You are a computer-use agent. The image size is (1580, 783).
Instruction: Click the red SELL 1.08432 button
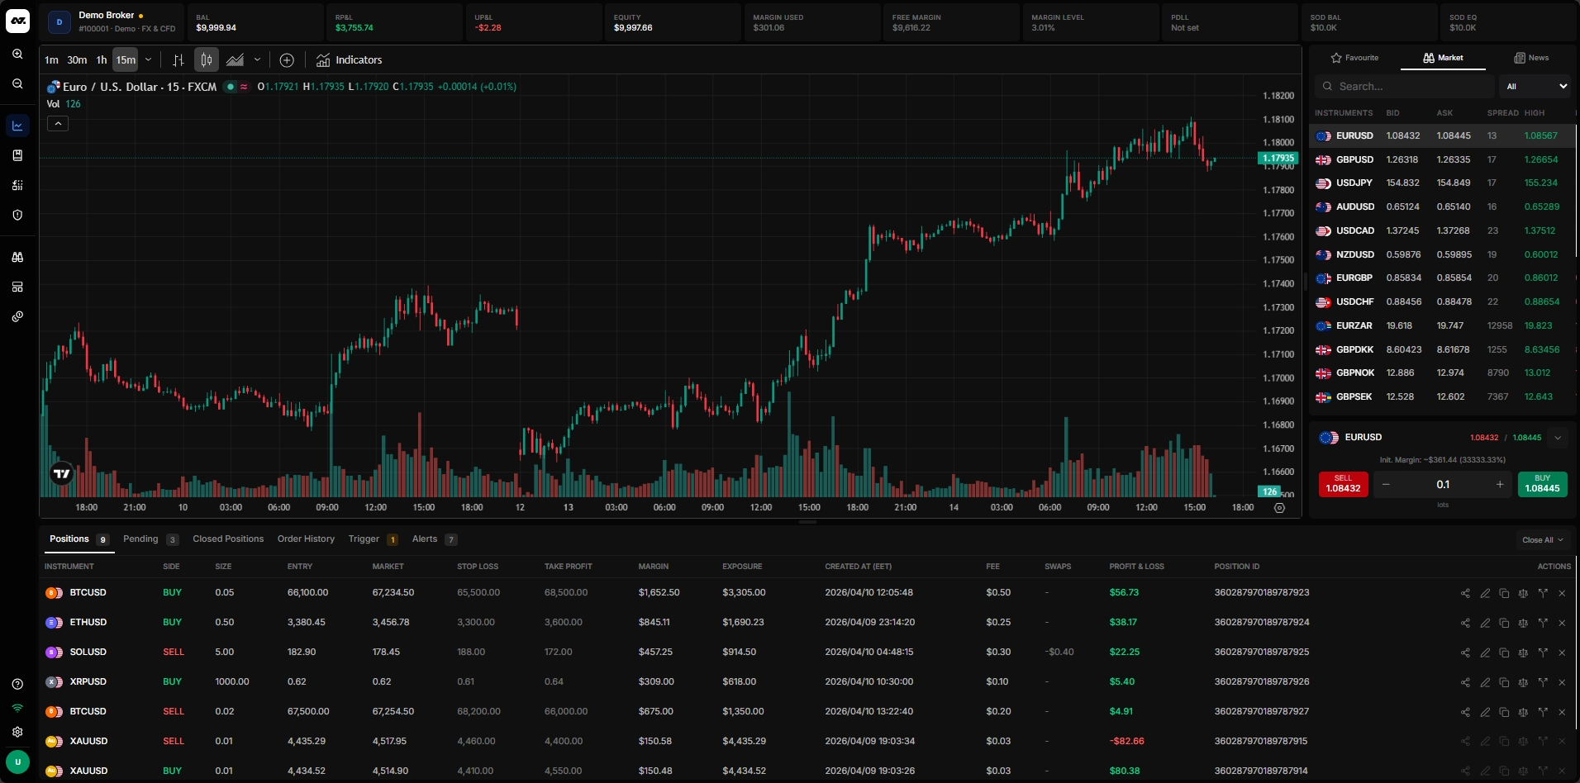[1343, 484]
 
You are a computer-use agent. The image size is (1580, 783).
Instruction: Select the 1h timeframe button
[102, 60]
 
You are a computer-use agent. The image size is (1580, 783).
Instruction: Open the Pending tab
[140, 539]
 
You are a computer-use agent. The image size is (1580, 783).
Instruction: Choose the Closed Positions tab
[228, 539]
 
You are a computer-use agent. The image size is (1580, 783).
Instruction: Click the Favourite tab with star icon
[1354, 58]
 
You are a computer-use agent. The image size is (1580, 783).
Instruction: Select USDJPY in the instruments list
[1354, 183]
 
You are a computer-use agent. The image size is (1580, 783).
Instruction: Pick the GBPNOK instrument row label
[1354, 373]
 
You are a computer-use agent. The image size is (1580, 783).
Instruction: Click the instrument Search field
[1405, 87]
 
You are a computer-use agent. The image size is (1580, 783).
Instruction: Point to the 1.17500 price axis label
[1278, 260]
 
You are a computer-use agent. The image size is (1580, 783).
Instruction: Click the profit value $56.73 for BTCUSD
[1124, 593]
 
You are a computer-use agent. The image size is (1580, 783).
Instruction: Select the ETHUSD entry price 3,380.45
[307, 623]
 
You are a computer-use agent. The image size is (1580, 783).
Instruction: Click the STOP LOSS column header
[478, 567]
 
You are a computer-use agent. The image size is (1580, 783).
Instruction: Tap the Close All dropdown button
[1542, 540]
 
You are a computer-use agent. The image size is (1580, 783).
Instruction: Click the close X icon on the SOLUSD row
[1562, 652]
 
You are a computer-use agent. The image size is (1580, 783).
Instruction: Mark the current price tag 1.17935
[1278, 158]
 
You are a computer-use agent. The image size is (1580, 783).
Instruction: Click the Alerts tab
[425, 539]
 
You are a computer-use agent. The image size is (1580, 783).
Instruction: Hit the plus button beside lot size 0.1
[1500, 485]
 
